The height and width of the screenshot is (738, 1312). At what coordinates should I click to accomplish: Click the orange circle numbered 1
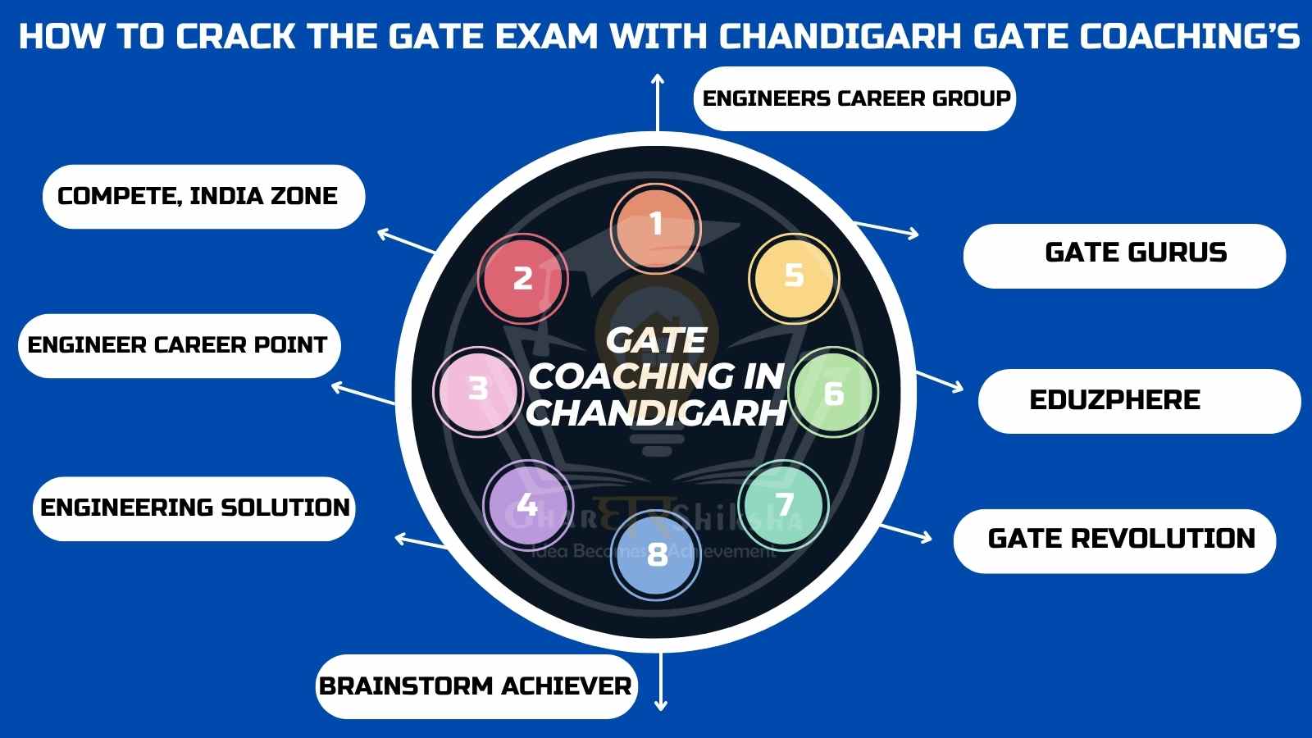point(656,229)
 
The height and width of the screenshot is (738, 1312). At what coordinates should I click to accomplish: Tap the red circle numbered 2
point(523,279)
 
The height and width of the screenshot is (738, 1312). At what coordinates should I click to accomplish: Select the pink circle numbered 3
point(478,392)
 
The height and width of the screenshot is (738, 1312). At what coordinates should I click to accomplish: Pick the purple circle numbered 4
point(528,505)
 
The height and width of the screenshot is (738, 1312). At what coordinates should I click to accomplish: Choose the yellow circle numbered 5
point(795,279)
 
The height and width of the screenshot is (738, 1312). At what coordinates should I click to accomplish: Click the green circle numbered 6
point(833,392)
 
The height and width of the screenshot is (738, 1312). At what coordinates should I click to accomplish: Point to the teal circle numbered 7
point(784,505)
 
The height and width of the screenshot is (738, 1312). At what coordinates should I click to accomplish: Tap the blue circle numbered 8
point(656,555)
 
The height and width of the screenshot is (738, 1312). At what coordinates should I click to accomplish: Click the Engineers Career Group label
point(855,98)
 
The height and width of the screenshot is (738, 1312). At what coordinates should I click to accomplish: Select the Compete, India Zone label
point(204,197)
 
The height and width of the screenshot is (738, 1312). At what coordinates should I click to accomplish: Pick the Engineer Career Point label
point(180,345)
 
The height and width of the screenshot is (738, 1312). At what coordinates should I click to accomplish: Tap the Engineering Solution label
point(194,508)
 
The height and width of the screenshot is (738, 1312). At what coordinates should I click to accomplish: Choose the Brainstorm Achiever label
point(476,686)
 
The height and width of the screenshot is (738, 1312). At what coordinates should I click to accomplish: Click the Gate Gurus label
point(1124,256)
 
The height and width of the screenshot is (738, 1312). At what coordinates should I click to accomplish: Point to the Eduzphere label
point(1140,401)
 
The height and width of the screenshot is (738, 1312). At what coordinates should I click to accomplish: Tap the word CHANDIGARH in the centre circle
point(656,413)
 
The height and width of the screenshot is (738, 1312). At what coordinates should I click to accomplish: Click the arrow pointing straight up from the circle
point(658,102)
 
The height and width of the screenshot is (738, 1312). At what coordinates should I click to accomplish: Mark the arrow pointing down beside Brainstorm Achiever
point(661,682)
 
